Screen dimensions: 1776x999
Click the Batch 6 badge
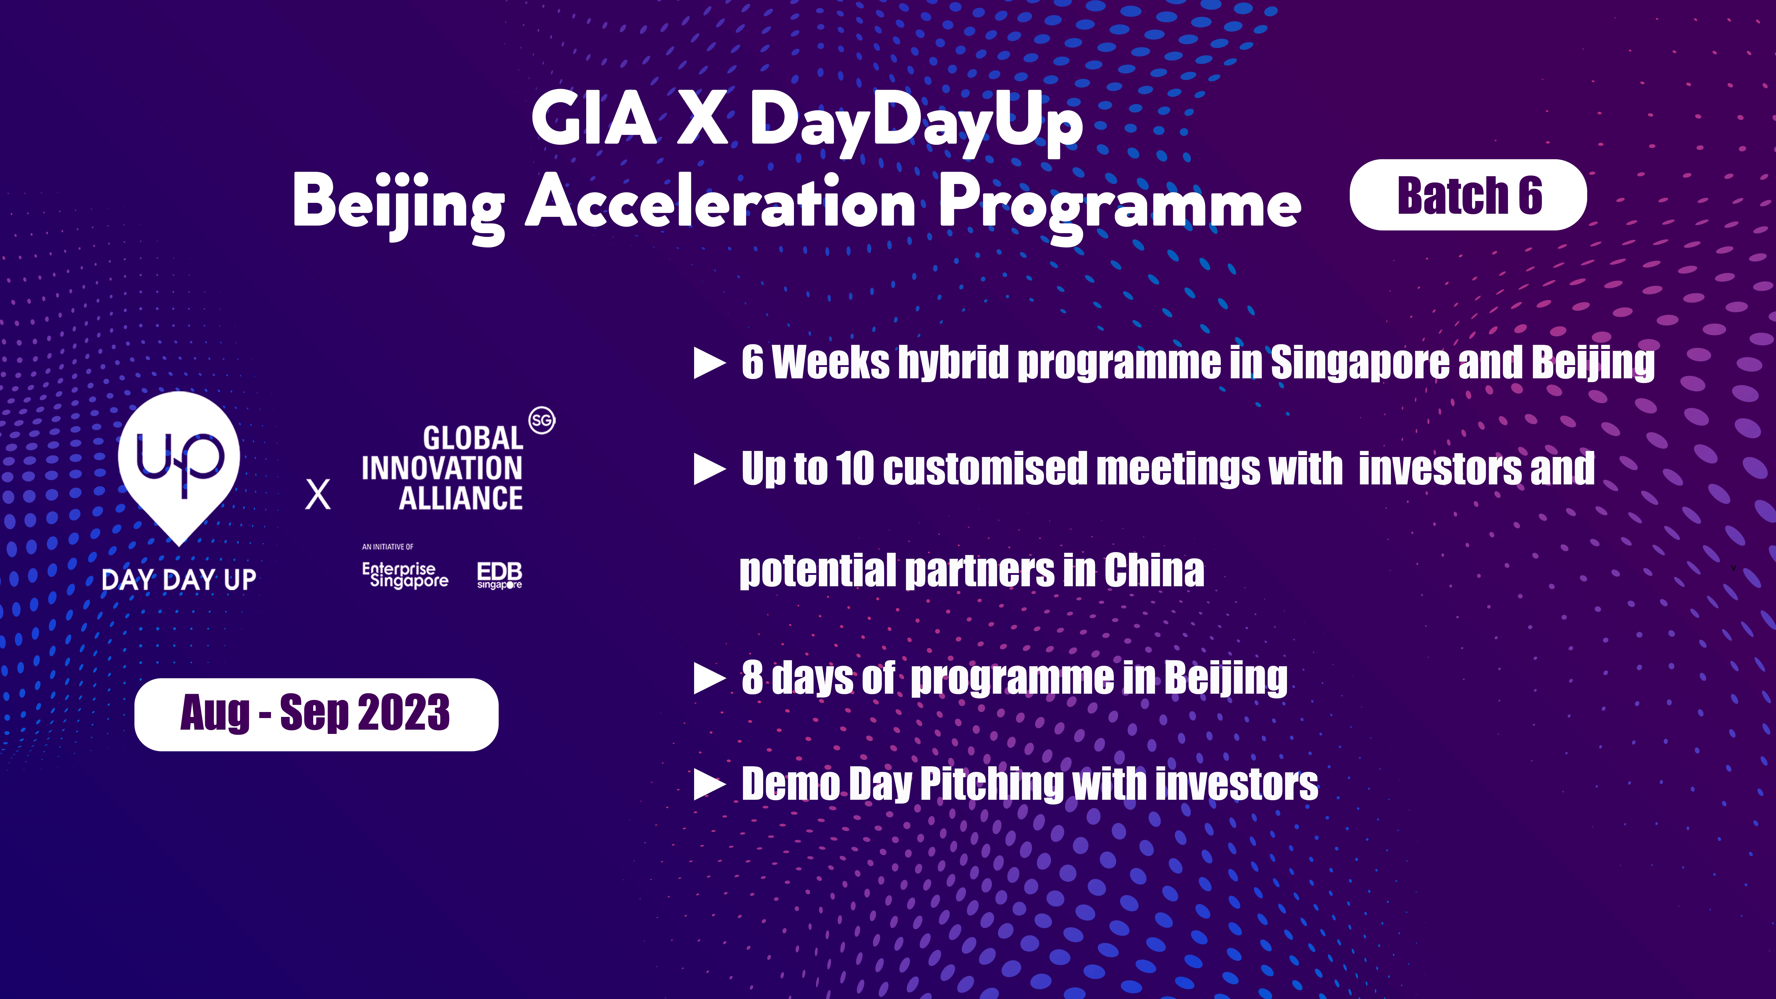tap(1468, 195)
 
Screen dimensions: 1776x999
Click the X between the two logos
tap(318, 494)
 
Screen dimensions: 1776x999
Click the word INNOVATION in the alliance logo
tap(442, 468)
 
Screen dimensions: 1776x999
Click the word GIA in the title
tap(594, 119)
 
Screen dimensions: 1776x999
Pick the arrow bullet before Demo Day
tap(710, 785)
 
